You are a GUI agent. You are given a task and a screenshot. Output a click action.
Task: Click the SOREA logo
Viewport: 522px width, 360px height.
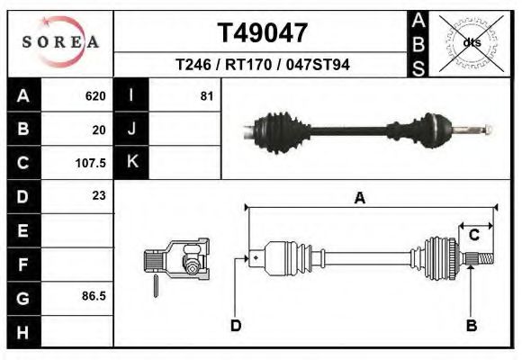click(x=60, y=42)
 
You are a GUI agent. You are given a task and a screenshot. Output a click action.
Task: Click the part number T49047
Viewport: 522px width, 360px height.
click(x=263, y=33)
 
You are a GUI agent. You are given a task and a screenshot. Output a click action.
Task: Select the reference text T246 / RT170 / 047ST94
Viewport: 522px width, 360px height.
click(x=263, y=65)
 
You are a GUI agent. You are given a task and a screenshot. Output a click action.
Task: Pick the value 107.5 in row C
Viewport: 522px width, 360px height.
click(x=92, y=164)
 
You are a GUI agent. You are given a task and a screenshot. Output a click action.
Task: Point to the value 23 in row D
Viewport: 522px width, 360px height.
click(x=98, y=195)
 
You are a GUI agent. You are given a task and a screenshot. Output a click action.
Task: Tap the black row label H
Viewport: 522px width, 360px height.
click(x=23, y=331)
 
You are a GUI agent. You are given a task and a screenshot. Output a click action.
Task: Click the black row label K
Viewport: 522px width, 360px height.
click(x=131, y=163)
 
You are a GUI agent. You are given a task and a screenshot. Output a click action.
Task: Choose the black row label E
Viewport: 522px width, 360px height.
click(x=23, y=230)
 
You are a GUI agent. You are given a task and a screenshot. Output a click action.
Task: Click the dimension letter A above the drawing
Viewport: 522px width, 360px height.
click(x=359, y=199)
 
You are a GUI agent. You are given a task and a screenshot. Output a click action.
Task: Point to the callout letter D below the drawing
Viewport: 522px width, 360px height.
click(x=236, y=325)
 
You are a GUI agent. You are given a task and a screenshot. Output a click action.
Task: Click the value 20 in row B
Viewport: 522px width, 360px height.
click(x=99, y=130)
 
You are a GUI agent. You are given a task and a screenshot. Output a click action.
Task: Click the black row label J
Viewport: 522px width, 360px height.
click(x=131, y=130)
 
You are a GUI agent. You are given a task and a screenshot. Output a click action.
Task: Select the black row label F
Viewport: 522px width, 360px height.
click(x=23, y=265)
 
